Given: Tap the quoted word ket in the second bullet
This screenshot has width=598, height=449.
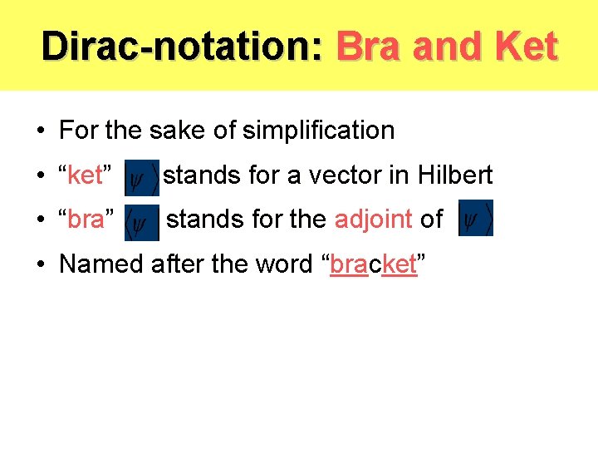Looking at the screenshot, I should tap(85, 175).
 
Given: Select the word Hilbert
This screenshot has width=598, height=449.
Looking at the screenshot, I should tap(455, 175).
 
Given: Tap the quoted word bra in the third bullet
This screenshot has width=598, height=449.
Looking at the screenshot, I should tap(87, 220).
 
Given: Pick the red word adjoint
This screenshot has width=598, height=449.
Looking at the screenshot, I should tap(373, 220).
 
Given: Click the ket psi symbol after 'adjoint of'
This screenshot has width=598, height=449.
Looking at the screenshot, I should tap(476, 219).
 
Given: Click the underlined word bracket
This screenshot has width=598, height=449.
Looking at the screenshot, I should tap(374, 264).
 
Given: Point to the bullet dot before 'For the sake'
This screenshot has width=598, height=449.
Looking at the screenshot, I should tap(41, 131).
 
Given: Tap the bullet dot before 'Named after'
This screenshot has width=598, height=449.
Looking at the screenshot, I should tap(41, 265).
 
